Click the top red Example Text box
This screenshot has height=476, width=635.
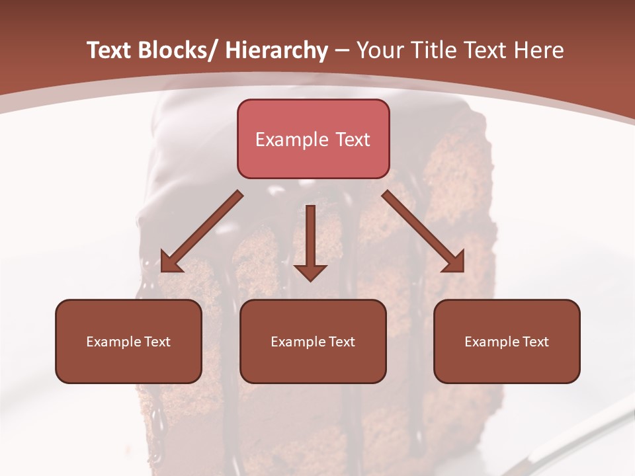(x=313, y=139)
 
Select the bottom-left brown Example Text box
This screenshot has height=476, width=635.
(x=128, y=341)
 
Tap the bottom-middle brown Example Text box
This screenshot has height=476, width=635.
(x=313, y=341)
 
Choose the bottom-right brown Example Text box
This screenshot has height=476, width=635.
(x=507, y=341)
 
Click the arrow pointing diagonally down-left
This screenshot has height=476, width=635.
(x=201, y=232)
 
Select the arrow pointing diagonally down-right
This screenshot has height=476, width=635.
(x=423, y=232)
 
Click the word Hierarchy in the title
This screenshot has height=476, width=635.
(x=276, y=50)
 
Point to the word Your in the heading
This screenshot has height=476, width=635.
(x=380, y=50)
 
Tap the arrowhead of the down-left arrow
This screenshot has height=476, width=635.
(x=171, y=262)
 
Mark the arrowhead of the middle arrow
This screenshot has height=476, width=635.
(x=310, y=272)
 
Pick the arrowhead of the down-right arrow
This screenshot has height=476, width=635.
(x=454, y=262)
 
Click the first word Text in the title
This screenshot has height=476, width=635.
(x=110, y=50)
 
